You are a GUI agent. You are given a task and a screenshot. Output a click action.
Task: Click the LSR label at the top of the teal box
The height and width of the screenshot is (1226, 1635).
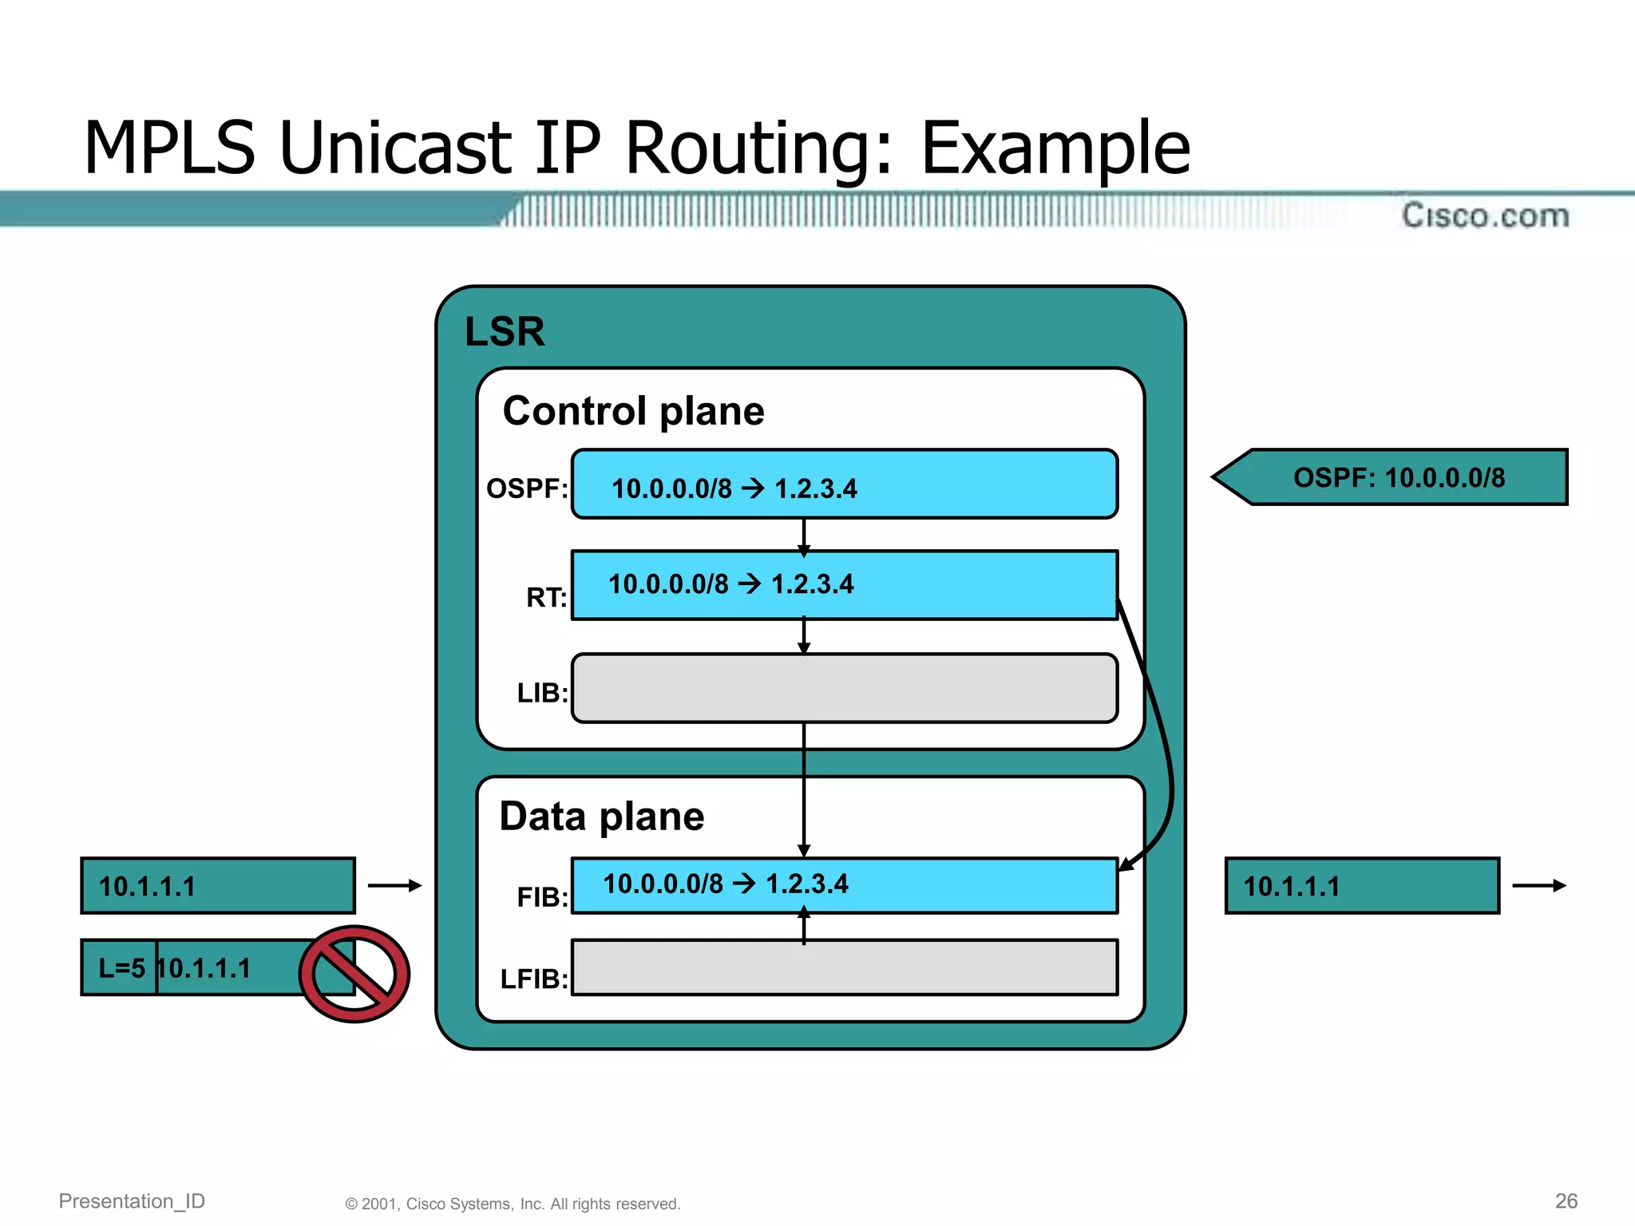tap(505, 331)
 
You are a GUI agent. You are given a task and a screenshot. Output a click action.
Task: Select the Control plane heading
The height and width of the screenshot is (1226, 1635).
tap(633, 411)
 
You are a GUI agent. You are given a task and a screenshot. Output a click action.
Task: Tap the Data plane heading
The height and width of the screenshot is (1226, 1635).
tap(601, 817)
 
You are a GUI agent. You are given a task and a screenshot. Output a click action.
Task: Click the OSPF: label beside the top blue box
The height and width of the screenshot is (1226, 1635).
tap(527, 488)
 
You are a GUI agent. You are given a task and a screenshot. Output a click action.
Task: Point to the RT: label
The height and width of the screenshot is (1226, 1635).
tap(546, 597)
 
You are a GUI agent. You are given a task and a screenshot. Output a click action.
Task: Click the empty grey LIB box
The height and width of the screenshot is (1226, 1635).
tap(844, 689)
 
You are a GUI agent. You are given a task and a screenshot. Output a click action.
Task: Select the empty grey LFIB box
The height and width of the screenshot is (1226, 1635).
tap(844, 967)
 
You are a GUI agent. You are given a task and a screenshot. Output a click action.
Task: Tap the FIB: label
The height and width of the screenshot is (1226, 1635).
tap(542, 897)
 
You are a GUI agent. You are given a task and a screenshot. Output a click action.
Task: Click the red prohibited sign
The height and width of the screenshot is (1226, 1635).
tap(354, 974)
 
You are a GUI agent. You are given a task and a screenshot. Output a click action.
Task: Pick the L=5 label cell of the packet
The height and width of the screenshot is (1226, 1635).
tap(121, 968)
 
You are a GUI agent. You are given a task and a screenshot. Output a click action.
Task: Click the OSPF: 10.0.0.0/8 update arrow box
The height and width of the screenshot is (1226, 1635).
tap(1397, 477)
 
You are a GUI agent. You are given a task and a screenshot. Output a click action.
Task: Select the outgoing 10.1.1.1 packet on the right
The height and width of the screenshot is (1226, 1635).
tap(1361, 886)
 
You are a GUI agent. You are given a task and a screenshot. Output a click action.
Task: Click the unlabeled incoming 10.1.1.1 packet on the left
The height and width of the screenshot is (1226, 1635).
tap(217, 886)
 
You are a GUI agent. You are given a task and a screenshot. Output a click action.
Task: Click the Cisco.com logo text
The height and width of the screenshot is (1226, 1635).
tap(1485, 216)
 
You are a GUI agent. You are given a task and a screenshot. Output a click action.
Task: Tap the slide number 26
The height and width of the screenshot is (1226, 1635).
tap(1566, 1200)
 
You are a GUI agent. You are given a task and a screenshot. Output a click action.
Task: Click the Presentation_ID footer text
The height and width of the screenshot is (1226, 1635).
tap(132, 1200)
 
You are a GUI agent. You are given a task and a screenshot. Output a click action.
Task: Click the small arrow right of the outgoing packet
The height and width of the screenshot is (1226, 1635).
tap(1538, 885)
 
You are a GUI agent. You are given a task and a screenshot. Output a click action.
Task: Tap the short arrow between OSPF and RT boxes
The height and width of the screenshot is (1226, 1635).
tap(804, 536)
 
